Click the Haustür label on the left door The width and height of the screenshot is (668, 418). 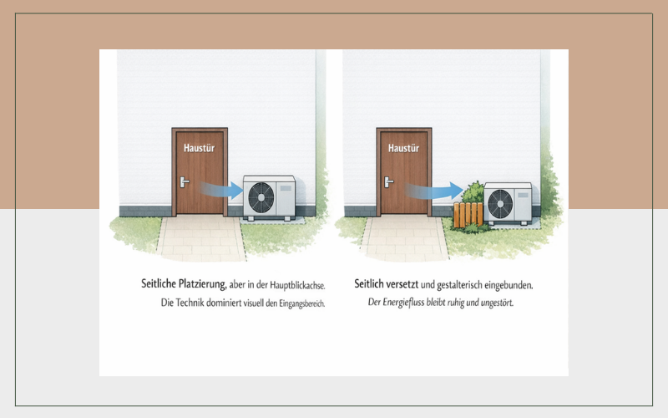[199, 148]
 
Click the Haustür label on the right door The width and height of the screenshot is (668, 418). [403, 148]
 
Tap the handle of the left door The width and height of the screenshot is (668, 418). [184, 182]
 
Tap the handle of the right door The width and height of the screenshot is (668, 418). [388, 182]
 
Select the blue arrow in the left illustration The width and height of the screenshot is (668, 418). [221, 190]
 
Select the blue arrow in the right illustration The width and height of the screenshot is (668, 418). [433, 191]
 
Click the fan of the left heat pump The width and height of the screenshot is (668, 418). [261, 197]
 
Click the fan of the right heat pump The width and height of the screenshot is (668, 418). [500, 204]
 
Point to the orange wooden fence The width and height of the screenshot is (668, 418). [468, 215]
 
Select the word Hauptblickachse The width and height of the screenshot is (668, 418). [297, 285]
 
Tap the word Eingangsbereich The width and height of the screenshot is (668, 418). [302, 303]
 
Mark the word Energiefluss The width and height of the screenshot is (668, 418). [403, 303]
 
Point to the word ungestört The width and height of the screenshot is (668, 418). [497, 303]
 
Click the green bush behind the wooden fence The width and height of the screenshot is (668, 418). [473, 192]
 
